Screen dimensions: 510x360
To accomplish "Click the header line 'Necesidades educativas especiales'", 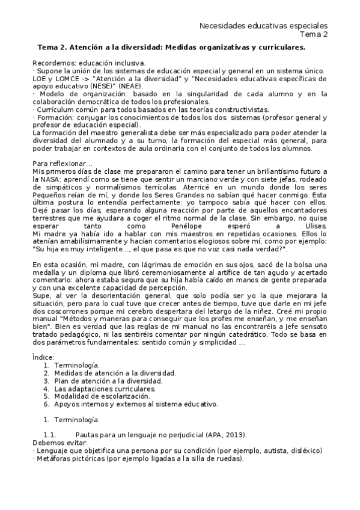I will point(263,26).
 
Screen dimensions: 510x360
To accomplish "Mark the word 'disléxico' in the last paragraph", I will point(306,450).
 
